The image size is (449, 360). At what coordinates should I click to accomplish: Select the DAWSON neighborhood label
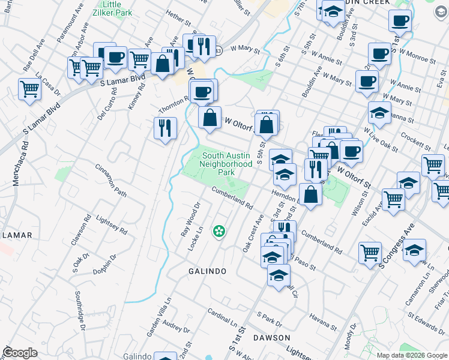click(272, 338)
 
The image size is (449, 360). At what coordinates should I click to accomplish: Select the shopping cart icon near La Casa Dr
click(29, 89)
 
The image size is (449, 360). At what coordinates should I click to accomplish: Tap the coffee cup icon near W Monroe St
click(379, 53)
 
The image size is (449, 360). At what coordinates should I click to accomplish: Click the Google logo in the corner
click(20, 353)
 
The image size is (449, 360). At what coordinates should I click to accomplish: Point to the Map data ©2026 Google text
click(412, 355)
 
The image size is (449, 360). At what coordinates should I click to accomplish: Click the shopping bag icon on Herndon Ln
click(310, 195)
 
